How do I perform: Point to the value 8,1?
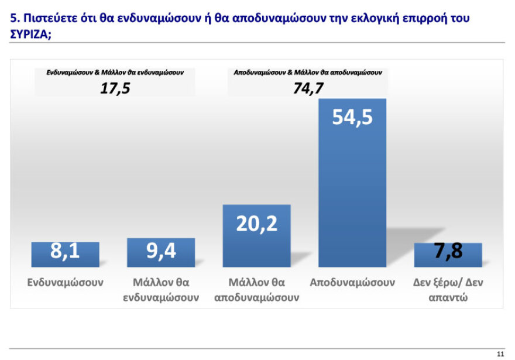pos(65,252)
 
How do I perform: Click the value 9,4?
pos(161,252)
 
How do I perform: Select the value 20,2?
pos(256,223)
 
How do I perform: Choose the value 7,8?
pos(448,252)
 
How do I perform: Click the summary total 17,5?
pos(115,88)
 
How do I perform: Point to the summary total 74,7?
pos(308,88)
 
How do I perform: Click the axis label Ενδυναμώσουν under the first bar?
pos(65,282)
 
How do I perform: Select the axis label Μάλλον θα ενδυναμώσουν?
pos(161,290)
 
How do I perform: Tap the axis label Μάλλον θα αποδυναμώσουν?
pos(256,290)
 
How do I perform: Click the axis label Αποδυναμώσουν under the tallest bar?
pos(352,282)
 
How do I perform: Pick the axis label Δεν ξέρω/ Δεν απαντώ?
pos(448,290)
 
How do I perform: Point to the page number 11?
pos(500,354)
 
